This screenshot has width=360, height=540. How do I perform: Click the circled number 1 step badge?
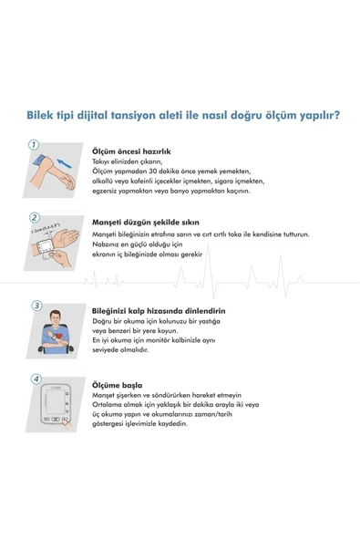(x=34, y=144)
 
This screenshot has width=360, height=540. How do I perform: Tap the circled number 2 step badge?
(x=34, y=217)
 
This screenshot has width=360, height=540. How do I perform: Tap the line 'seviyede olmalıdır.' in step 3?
(x=122, y=348)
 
